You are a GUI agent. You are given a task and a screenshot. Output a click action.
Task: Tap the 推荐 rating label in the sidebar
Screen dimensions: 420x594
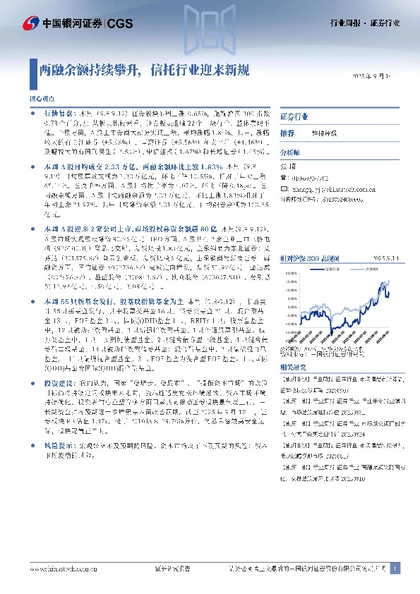[x=287, y=133]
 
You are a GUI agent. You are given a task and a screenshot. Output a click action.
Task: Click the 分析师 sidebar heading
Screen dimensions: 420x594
[x=290, y=152]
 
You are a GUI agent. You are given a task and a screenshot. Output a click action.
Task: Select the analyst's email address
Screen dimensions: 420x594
[x=328, y=188]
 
